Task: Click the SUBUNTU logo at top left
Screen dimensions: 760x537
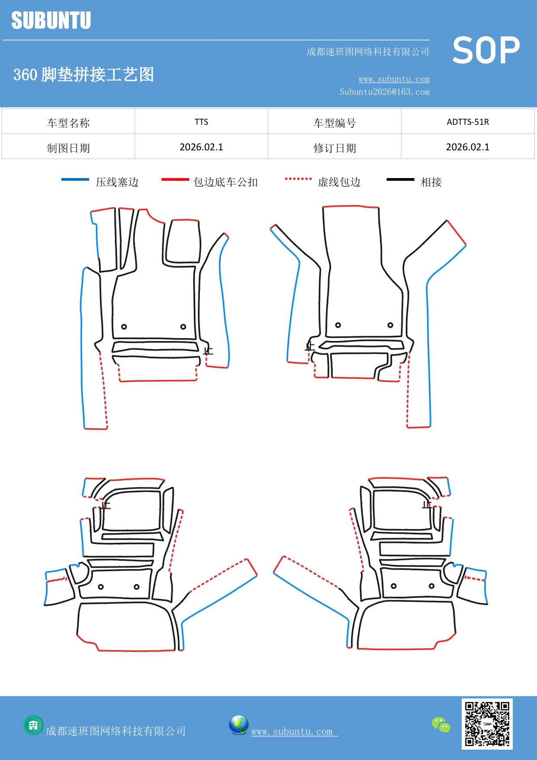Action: pyautogui.click(x=51, y=20)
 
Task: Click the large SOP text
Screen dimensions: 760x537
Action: pyautogui.click(x=486, y=51)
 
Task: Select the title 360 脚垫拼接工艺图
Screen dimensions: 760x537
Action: pyautogui.click(x=84, y=75)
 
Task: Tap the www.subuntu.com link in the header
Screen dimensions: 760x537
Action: pyautogui.click(x=394, y=79)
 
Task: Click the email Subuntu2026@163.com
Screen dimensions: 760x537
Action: pyautogui.click(x=384, y=92)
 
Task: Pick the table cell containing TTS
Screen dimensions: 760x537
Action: pyautogui.click(x=201, y=122)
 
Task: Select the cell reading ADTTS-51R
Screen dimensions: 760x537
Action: pyautogui.click(x=467, y=122)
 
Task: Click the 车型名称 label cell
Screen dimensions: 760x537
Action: pyautogui.click(x=68, y=123)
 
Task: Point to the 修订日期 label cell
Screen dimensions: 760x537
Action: pyautogui.click(x=334, y=148)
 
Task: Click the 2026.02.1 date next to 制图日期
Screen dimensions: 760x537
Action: pyautogui.click(x=201, y=147)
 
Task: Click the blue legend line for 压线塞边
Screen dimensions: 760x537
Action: pyautogui.click(x=75, y=179)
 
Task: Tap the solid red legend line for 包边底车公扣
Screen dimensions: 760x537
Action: pyautogui.click(x=175, y=179)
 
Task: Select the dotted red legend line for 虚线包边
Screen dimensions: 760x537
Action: pyautogui.click(x=298, y=179)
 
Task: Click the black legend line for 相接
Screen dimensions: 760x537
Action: pyautogui.click(x=400, y=179)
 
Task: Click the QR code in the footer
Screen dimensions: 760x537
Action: pyautogui.click(x=487, y=724)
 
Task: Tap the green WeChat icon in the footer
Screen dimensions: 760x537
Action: pyautogui.click(x=441, y=725)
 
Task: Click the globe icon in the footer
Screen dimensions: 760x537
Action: pyautogui.click(x=238, y=725)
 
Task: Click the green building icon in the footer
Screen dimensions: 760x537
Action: pyautogui.click(x=33, y=725)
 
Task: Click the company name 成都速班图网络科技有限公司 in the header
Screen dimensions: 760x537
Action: pyautogui.click(x=368, y=52)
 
